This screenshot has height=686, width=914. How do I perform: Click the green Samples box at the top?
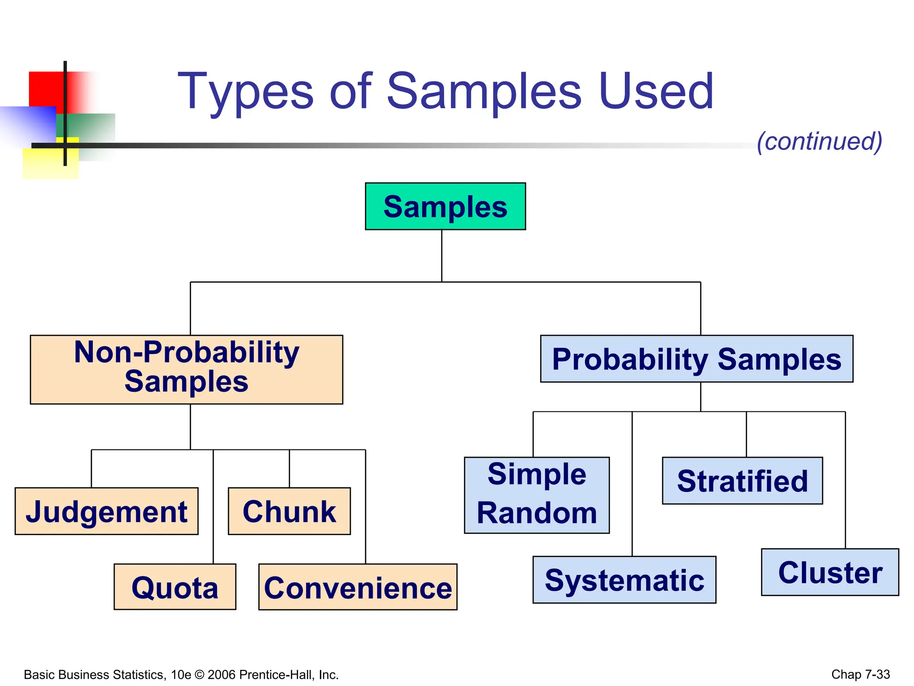click(445, 206)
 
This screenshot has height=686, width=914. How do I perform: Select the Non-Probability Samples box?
click(186, 369)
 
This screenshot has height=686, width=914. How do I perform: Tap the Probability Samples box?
click(696, 359)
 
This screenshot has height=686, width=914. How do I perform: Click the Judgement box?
click(106, 511)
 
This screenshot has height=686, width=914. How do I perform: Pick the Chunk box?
click(289, 511)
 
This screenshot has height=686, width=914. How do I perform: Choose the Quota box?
click(174, 587)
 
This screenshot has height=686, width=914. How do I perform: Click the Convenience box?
click(357, 587)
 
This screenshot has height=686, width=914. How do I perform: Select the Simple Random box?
click(536, 495)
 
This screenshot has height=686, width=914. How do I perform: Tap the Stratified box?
click(742, 481)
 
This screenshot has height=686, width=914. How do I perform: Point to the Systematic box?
click(624, 580)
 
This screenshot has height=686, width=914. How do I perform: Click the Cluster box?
click(830, 572)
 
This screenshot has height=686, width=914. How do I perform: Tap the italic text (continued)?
click(819, 141)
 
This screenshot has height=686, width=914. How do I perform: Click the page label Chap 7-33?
click(860, 674)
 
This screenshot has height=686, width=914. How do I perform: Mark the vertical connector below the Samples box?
click(441, 255)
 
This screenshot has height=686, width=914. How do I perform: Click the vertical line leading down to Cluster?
click(845, 480)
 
